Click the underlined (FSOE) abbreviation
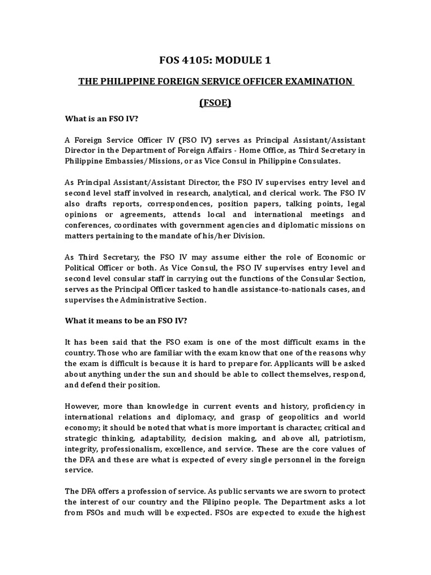click(215, 103)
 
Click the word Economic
click(335, 257)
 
